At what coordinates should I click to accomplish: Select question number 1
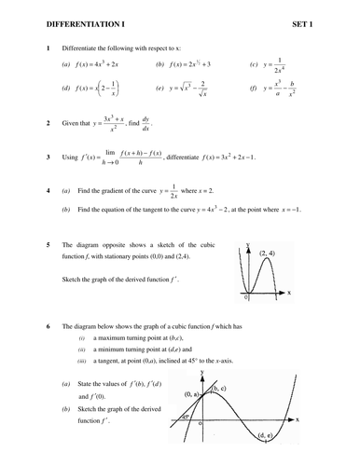coord(35,47)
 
